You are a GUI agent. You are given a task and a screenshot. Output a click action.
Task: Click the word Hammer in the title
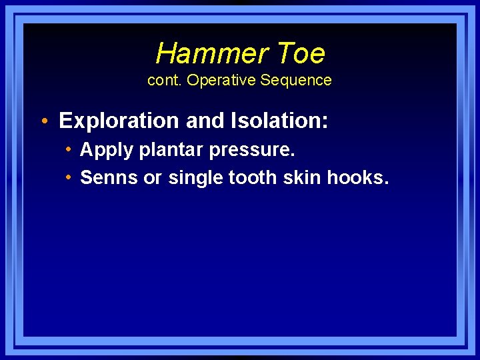pyautogui.click(x=202, y=53)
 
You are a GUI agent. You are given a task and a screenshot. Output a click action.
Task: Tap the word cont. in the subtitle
pyautogui.click(x=165, y=81)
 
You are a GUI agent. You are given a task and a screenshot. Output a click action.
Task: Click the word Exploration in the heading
pyautogui.click(x=117, y=121)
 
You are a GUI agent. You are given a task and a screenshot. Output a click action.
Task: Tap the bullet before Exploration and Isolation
pyautogui.click(x=44, y=121)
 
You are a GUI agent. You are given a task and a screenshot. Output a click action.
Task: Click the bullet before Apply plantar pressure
pyautogui.click(x=69, y=149)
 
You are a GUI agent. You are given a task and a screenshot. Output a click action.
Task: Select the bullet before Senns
pyautogui.click(x=69, y=177)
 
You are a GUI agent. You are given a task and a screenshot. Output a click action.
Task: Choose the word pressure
pyautogui.click(x=252, y=151)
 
